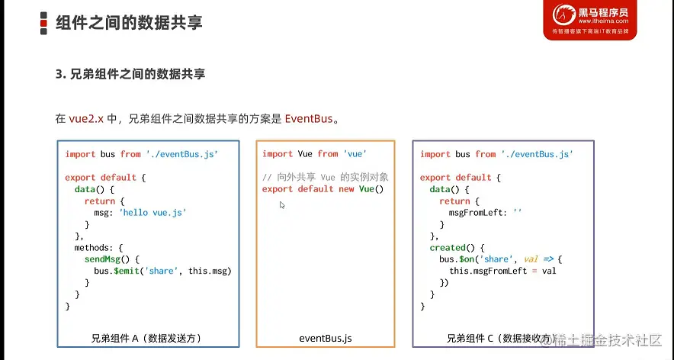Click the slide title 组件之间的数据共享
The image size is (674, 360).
coord(129,22)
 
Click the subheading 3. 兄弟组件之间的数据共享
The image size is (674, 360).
coord(130,75)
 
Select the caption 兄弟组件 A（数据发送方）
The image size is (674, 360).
coord(146,338)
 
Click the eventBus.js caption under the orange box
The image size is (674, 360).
coord(326,338)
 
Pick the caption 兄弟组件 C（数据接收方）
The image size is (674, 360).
coord(501,338)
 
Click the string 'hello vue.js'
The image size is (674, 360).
coord(152,213)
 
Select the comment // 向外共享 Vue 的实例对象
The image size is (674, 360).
coord(326,177)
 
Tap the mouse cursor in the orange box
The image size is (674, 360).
coord(282,205)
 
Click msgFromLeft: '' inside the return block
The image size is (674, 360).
coord(486,213)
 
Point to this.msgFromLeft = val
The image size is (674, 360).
coord(502,271)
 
